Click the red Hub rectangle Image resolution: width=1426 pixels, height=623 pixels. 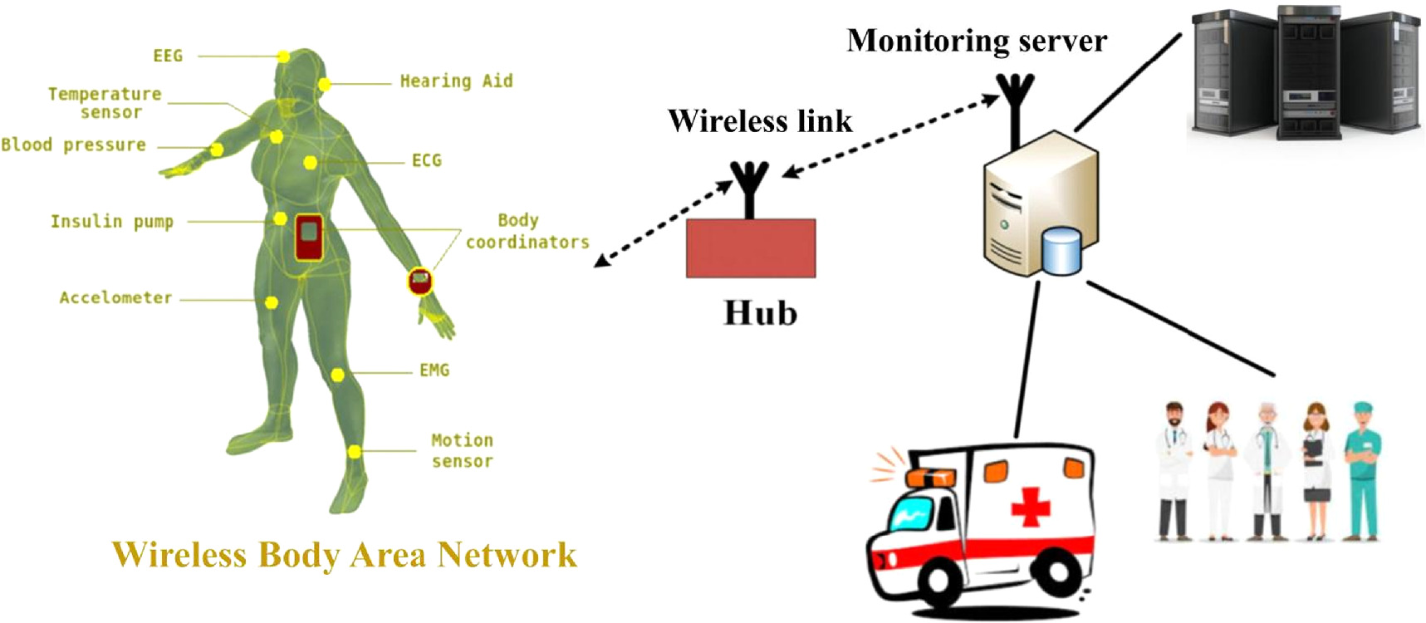[751, 248]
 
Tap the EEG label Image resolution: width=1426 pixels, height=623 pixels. [168, 56]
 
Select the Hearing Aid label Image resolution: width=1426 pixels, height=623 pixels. [456, 81]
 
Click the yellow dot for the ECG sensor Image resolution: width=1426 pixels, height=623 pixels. [310, 162]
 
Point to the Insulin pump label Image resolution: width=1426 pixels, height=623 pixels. [112, 221]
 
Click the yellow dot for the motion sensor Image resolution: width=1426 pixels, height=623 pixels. [355, 452]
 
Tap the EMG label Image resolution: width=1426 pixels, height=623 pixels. [434, 370]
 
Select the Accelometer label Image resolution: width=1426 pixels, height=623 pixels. [115, 297]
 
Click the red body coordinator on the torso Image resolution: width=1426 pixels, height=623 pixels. [309, 237]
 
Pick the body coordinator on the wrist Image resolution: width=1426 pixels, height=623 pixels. [420, 281]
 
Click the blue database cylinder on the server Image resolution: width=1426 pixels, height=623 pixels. [1062, 251]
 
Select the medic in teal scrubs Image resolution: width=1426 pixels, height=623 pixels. [1362, 470]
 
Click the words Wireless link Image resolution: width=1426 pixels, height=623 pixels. [760, 121]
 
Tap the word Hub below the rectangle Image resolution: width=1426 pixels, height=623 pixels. [761, 313]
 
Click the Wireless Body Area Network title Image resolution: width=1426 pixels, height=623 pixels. [345, 555]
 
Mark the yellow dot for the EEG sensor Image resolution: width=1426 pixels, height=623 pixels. [283, 56]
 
